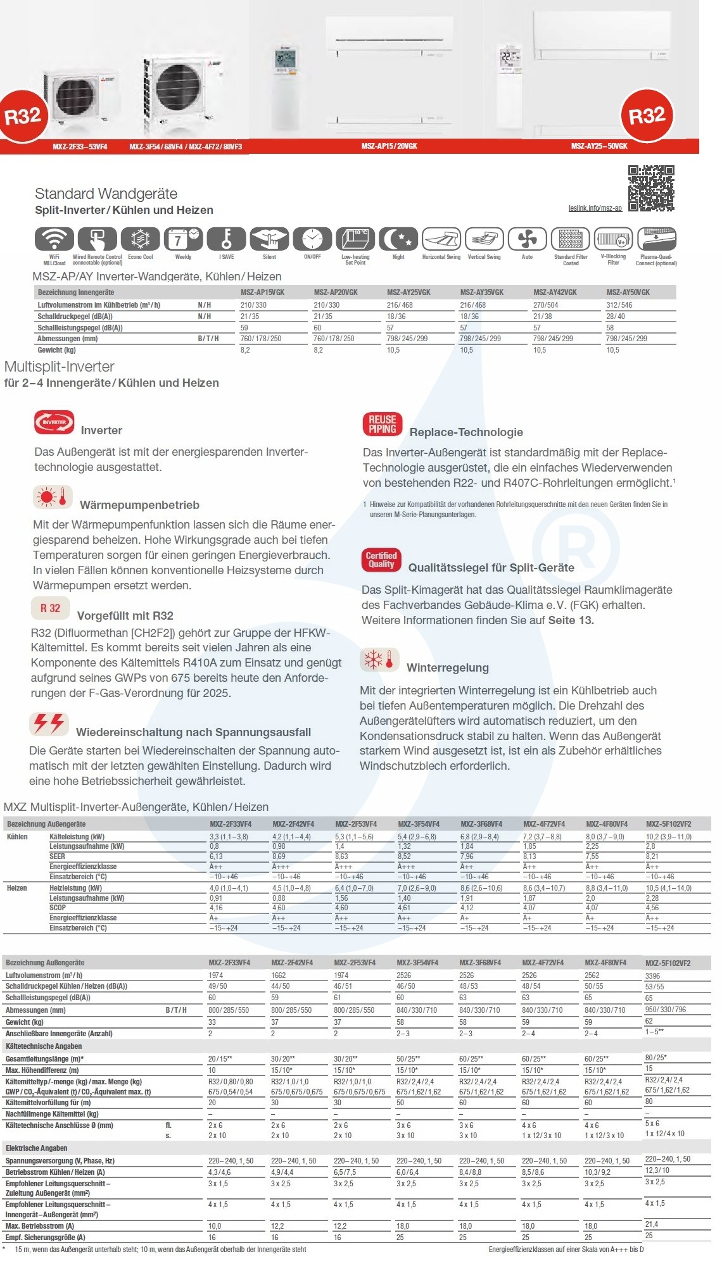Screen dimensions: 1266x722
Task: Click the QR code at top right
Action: (x=651, y=188)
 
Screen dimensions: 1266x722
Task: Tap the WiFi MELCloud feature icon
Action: (x=54, y=239)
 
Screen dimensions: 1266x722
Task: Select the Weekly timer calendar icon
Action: (x=183, y=239)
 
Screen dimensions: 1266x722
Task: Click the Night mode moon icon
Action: (x=398, y=239)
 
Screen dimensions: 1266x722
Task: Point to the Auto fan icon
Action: (x=527, y=239)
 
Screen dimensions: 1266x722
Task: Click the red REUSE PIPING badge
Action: (x=382, y=424)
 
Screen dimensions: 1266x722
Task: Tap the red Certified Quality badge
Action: (x=381, y=560)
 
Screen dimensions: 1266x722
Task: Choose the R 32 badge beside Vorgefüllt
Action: (x=50, y=608)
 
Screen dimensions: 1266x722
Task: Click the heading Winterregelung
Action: (x=447, y=668)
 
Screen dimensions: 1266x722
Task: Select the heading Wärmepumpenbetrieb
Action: (x=139, y=505)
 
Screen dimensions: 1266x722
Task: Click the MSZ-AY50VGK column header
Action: (x=628, y=292)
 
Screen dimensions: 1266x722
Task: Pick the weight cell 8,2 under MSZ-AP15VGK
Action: (x=245, y=350)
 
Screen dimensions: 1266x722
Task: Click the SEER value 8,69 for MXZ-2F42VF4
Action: (x=279, y=856)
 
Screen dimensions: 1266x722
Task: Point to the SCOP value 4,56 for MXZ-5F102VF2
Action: (x=652, y=908)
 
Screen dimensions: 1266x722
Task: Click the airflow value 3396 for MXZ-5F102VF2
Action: (x=652, y=976)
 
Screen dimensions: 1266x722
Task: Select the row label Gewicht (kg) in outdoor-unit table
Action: (x=25, y=1022)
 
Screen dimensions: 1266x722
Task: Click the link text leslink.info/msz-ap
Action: (x=595, y=208)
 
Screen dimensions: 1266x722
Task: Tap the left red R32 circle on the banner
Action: (x=23, y=116)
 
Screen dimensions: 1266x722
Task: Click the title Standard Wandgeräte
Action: (x=106, y=194)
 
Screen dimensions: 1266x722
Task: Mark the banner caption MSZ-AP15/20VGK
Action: (x=389, y=146)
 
